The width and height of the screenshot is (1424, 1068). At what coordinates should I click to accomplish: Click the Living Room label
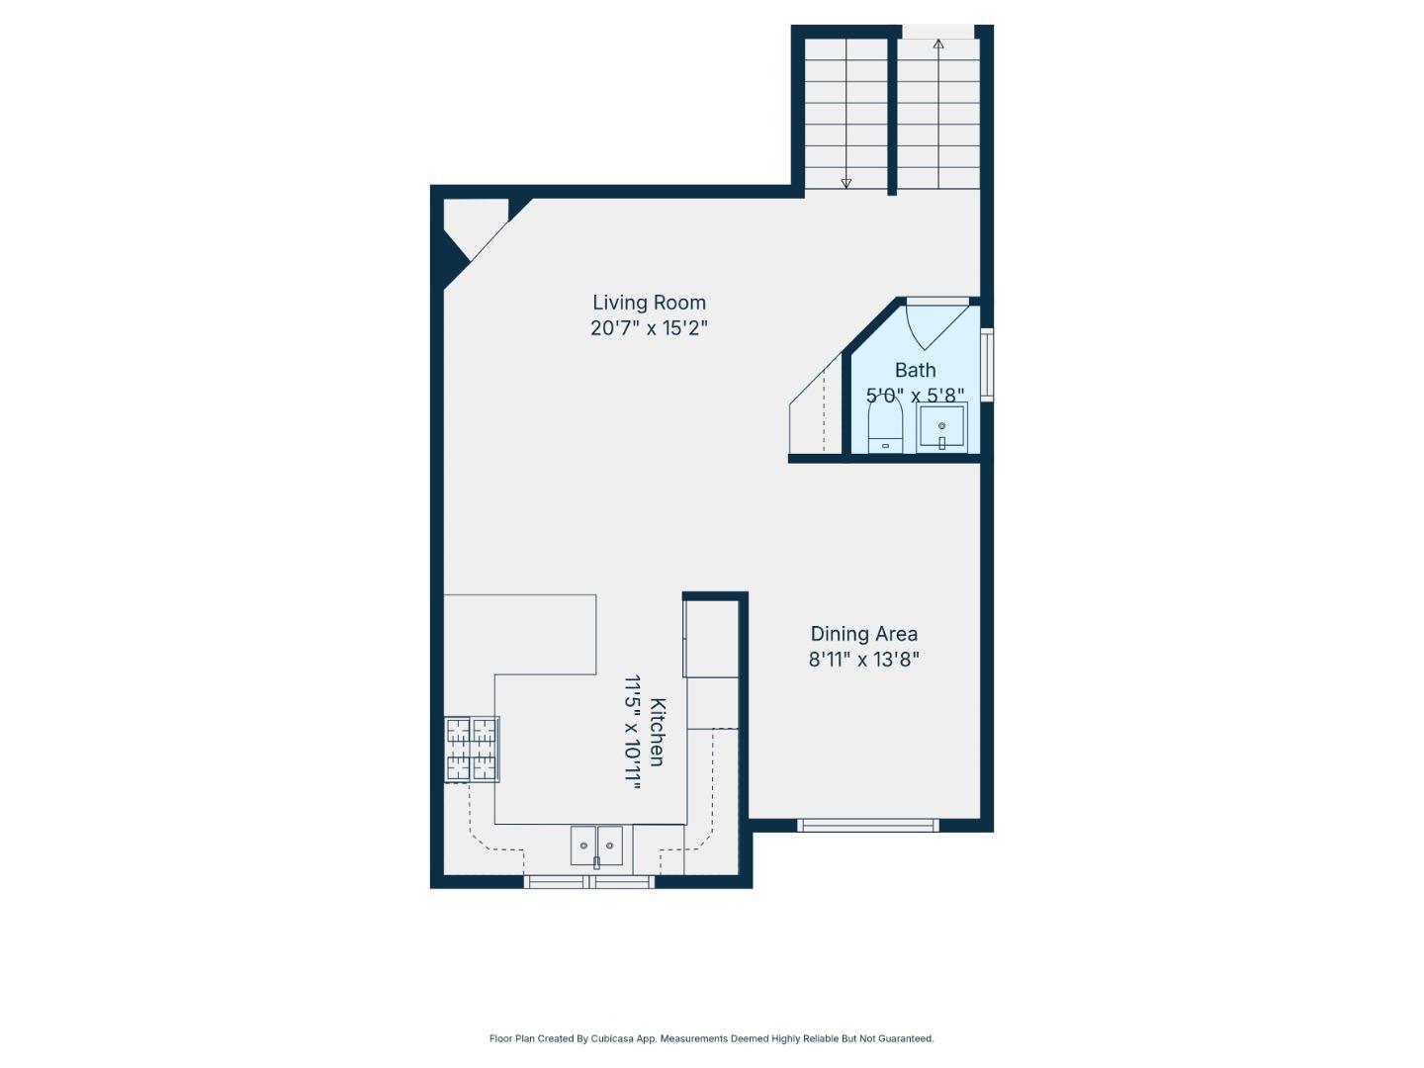(x=649, y=303)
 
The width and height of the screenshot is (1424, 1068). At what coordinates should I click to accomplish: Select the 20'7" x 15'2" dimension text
(x=649, y=328)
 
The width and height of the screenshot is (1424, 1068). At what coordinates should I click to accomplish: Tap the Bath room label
(x=915, y=370)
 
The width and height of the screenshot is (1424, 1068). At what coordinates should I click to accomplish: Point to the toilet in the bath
(x=885, y=431)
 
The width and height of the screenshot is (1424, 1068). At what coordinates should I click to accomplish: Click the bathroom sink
(x=941, y=428)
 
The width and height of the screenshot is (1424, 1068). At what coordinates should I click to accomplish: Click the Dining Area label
(x=863, y=634)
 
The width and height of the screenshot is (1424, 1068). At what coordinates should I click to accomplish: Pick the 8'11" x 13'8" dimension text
(x=863, y=660)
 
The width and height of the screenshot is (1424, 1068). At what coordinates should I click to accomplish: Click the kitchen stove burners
(x=472, y=749)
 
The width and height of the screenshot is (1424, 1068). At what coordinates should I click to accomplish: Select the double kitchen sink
(x=596, y=845)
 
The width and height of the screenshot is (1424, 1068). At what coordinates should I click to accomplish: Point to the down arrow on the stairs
(x=845, y=182)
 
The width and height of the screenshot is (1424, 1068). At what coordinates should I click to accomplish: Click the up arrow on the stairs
(x=937, y=44)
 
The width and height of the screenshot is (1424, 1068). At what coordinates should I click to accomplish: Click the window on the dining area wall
(x=867, y=825)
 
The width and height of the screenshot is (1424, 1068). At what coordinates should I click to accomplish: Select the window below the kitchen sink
(x=588, y=881)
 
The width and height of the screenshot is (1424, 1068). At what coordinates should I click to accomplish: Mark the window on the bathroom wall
(x=986, y=364)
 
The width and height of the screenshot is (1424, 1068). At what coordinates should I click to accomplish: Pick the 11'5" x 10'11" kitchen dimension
(x=633, y=732)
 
